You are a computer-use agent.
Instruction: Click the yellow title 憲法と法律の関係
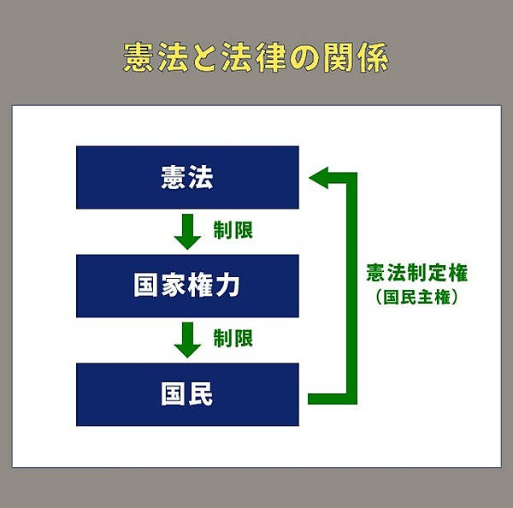click(x=256, y=57)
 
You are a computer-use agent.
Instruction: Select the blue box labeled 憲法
click(x=187, y=177)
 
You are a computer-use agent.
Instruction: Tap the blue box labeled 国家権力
click(x=187, y=286)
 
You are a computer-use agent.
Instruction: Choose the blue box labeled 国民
click(x=187, y=394)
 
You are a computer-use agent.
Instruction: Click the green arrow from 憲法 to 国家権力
click(x=187, y=232)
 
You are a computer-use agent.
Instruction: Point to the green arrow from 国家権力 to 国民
click(x=187, y=340)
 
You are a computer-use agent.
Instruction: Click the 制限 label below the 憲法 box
click(x=233, y=230)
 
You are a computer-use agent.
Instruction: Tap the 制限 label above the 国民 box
click(x=233, y=338)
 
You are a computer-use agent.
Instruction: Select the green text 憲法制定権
click(x=417, y=272)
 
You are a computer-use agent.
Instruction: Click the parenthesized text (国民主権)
click(x=417, y=298)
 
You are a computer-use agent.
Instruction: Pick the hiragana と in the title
click(x=205, y=58)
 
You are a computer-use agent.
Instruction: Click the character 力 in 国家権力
click(x=227, y=285)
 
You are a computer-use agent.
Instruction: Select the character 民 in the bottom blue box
click(x=201, y=393)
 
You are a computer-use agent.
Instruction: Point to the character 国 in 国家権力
click(x=146, y=285)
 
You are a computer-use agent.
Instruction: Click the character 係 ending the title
click(x=373, y=57)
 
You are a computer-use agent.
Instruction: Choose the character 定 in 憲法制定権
click(x=438, y=272)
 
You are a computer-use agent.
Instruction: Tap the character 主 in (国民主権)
click(x=425, y=298)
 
